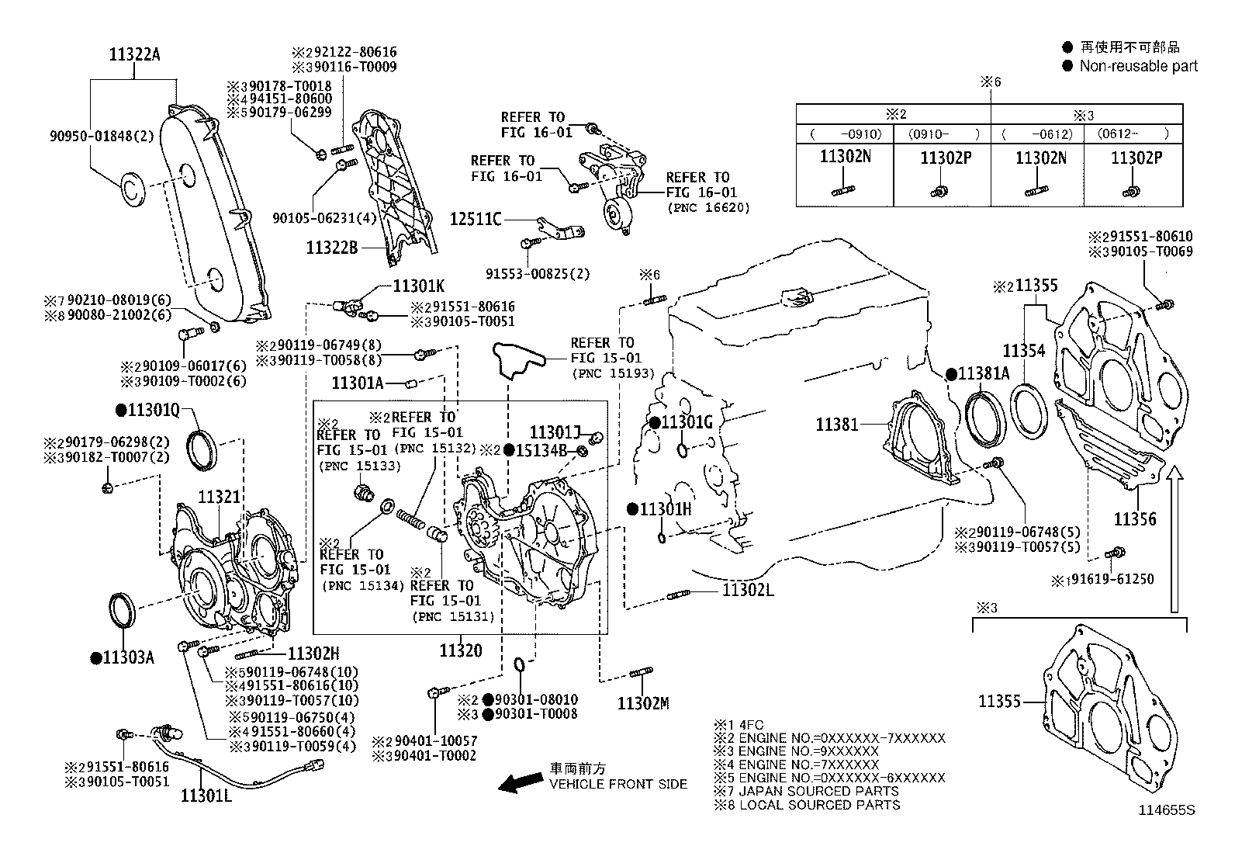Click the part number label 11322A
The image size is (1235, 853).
point(135,55)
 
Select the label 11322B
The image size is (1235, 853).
point(331,248)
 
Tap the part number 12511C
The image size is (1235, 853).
point(476,220)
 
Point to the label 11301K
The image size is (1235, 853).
point(419,285)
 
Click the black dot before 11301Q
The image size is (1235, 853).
point(121,410)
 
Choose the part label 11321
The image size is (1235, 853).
point(219,497)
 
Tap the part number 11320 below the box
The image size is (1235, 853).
point(460,650)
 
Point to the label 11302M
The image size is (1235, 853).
point(642,703)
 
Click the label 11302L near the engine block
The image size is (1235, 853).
point(748,590)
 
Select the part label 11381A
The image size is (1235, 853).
point(983,373)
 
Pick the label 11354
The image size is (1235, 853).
point(1024,351)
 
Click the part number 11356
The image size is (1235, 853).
point(1135,518)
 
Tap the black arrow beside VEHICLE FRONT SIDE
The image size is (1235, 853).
point(519,782)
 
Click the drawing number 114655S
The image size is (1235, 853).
point(1167,810)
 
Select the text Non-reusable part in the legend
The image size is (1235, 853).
point(1138,67)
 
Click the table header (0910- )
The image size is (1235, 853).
point(943,133)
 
